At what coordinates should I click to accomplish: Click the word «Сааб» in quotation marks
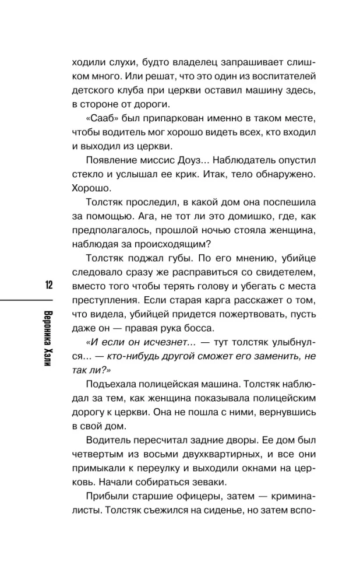[100, 119]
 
